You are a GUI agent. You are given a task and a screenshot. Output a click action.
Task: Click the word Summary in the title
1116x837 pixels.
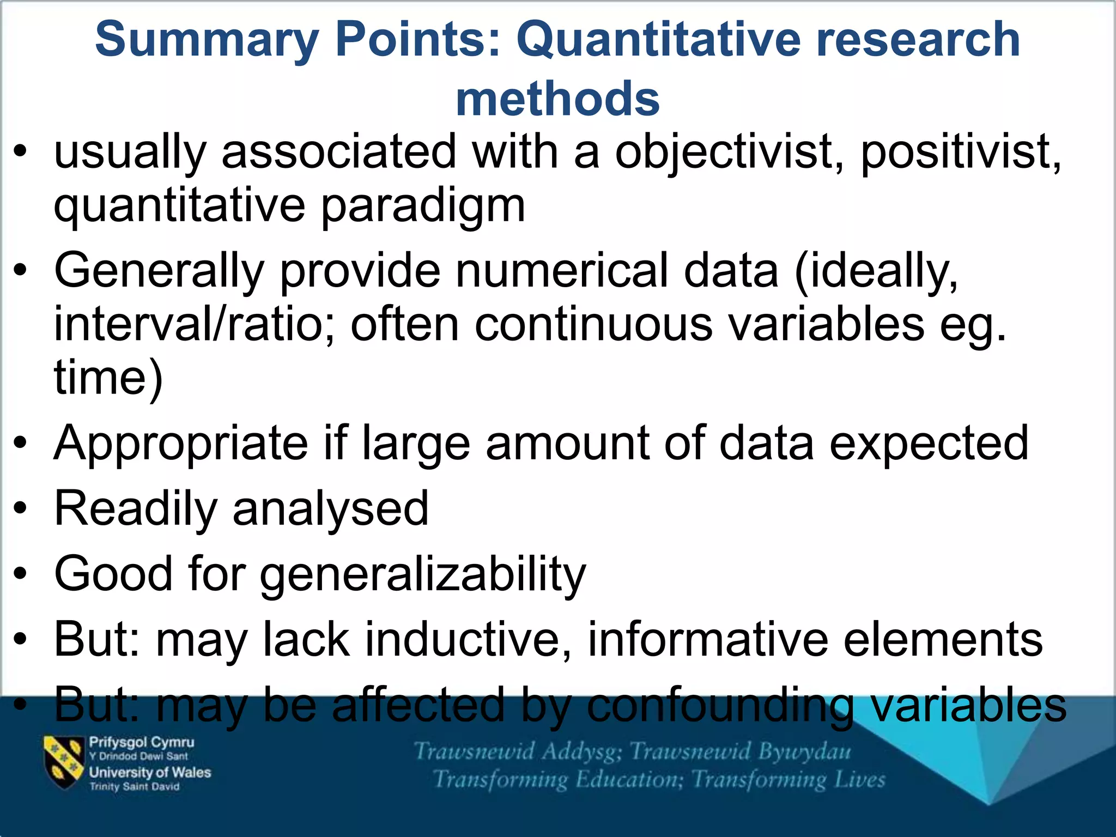[x=207, y=40]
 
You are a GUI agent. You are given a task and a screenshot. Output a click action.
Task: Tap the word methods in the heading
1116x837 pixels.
[x=557, y=99]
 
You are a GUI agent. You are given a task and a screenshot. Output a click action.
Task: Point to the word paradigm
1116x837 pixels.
[x=423, y=207]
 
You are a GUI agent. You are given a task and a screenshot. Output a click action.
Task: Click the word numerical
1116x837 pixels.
[x=561, y=271]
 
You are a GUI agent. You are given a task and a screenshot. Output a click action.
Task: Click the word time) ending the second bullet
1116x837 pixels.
[x=108, y=378]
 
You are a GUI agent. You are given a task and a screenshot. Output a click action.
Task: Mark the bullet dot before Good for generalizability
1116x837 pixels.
[x=21, y=574]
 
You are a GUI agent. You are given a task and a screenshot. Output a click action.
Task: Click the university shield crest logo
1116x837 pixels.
[x=64, y=762]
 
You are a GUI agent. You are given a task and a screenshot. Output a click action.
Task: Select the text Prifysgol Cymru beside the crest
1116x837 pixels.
[x=142, y=742]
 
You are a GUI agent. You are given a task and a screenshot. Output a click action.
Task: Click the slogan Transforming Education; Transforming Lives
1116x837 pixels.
[x=659, y=780]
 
